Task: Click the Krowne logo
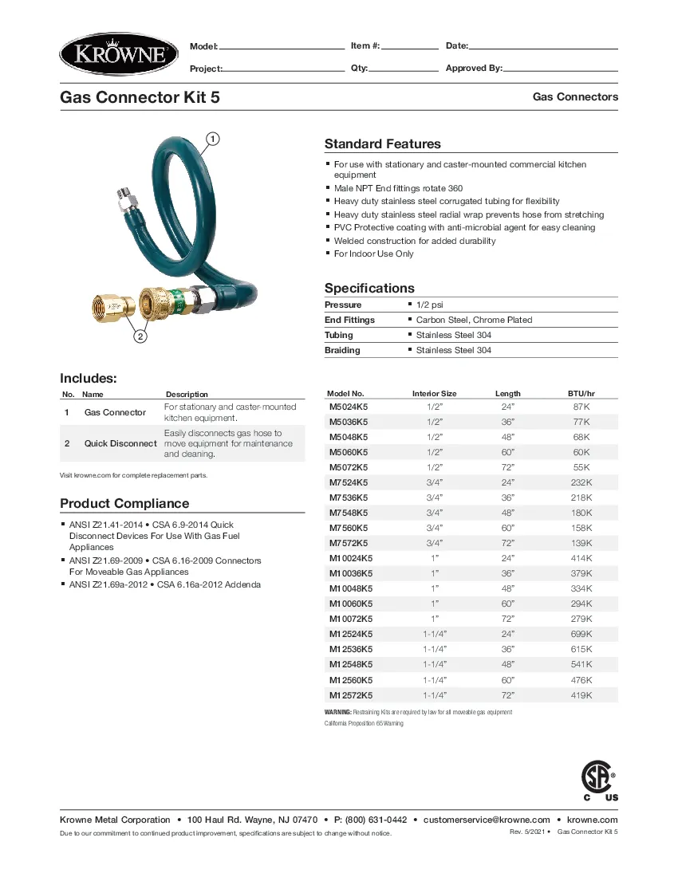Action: point(119,55)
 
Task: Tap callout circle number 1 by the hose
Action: point(213,139)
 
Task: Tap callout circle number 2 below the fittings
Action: point(140,336)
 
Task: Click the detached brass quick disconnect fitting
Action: point(111,307)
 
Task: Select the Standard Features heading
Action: point(382,144)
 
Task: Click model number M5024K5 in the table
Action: point(349,407)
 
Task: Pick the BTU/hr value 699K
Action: point(581,635)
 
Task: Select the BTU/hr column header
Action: point(581,394)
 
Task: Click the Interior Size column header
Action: point(434,394)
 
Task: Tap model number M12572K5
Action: point(351,695)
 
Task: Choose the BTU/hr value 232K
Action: point(581,482)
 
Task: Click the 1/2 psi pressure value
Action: point(432,305)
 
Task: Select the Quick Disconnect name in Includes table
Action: point(120,443)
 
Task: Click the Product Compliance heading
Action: point(124,504)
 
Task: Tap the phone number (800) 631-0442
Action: point(376,820)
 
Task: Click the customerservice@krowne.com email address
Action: point(487,820)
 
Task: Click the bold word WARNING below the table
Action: point(337,712)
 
